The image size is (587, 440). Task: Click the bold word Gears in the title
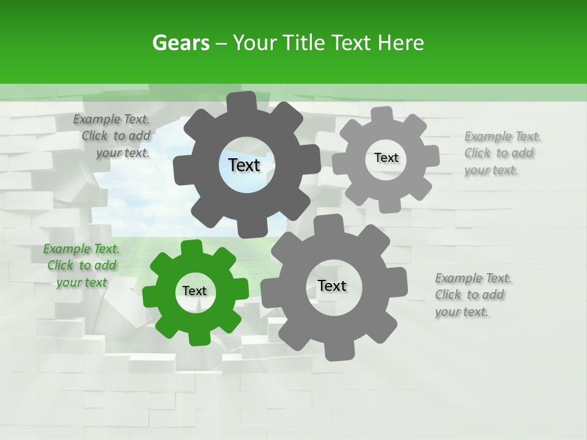180,43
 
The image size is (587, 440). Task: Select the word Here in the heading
401,43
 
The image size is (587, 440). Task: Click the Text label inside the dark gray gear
244,165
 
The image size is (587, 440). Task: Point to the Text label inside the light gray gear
386,158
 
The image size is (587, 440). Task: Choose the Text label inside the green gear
194,291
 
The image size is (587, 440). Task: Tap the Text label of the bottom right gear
332,285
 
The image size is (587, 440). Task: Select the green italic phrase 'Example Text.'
81,249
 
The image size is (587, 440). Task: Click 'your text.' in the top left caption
122,153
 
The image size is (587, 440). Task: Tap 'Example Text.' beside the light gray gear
503,136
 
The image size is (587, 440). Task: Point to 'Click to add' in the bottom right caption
470,295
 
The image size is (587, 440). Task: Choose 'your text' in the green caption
81,282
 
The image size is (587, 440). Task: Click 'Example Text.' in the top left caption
111,120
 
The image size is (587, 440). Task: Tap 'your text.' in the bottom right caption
462,312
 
